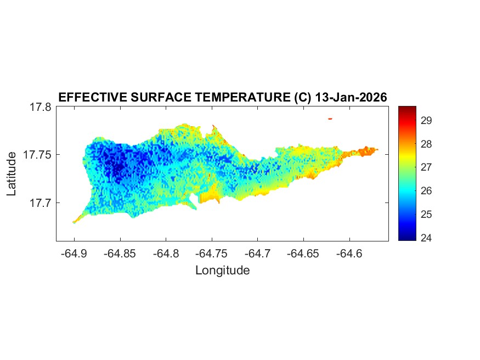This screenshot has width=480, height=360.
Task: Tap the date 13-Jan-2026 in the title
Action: [x=350, y=98]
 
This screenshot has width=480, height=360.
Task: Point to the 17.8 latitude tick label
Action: [x=40, y=107]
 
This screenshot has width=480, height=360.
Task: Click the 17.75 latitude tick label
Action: [x=37, y=155]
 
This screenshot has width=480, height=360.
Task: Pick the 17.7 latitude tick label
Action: [x=40, y=203]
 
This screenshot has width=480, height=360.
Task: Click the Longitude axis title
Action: [x=222, y=270]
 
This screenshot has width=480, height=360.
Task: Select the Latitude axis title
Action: [x=12, y=175]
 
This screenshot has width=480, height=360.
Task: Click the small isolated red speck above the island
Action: [x=330, y=119]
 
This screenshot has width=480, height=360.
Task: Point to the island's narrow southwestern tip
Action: [x=75, y=222]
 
